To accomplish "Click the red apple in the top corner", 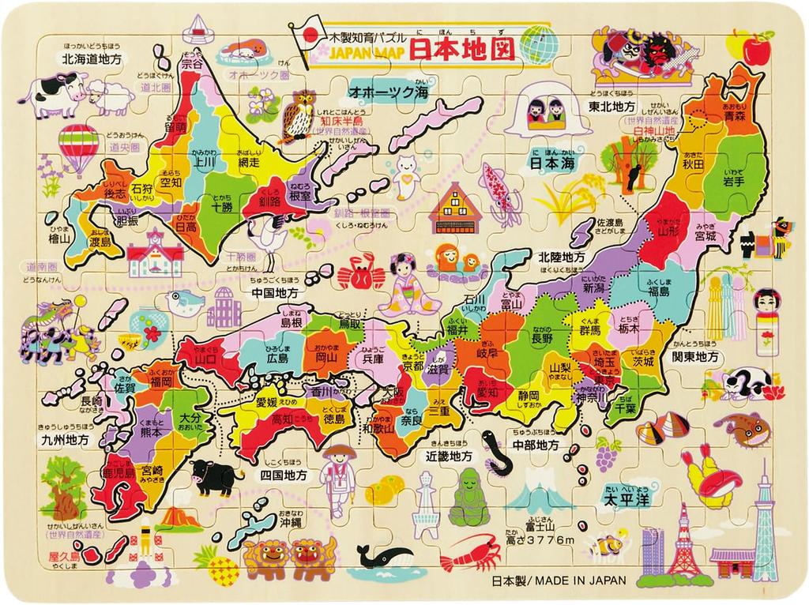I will coord(757,50).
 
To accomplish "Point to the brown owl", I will coord(301,113).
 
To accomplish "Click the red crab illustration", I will coord(360,276).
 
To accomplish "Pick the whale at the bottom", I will coord(385,554).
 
